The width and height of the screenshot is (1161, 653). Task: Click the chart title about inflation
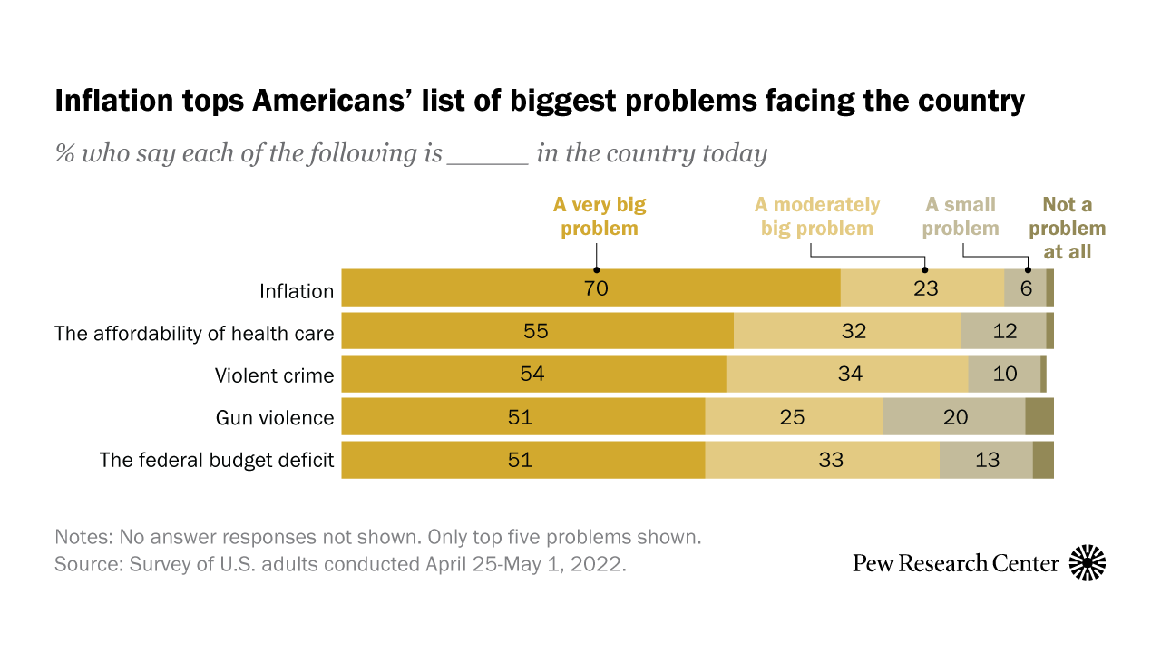click(x=540, y=101)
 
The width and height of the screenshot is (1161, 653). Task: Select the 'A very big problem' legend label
click(x=600, y=216)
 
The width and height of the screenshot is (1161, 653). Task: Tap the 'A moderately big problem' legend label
click(x=817, y=216)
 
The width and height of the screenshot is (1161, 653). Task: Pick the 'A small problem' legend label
click(x=961, y=216)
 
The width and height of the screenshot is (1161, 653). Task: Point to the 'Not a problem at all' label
click(x=1067, y=228)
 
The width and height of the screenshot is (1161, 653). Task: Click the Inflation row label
click(x=297, y=291)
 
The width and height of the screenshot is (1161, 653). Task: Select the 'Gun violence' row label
click(x=275, y=418)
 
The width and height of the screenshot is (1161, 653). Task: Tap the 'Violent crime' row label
click(x=274, y=375)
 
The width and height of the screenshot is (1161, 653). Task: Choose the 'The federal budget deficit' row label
click(x=217, y=460)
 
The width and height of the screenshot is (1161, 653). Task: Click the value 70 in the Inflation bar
click(x=595, y=289)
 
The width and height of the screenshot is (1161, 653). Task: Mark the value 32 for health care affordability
click(x=854, y=331)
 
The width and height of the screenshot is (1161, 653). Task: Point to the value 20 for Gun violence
click(x=955, y=417)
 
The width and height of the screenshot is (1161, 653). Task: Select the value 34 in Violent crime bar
click(x=850, y=374)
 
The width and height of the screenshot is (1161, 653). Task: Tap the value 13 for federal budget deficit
click(x=987, y=460)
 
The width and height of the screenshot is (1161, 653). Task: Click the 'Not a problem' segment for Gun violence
click(x=1039, y=417)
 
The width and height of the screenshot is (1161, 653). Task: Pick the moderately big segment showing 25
click(x=793, y=417)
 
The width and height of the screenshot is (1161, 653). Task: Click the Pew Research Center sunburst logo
click(x=1088, y=563)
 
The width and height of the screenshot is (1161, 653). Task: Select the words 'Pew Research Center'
click(x=956, y=563)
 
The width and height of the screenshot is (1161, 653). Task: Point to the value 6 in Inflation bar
click(x=1026, y=289)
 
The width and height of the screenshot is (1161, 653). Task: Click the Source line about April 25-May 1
click(x=340, y=563)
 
